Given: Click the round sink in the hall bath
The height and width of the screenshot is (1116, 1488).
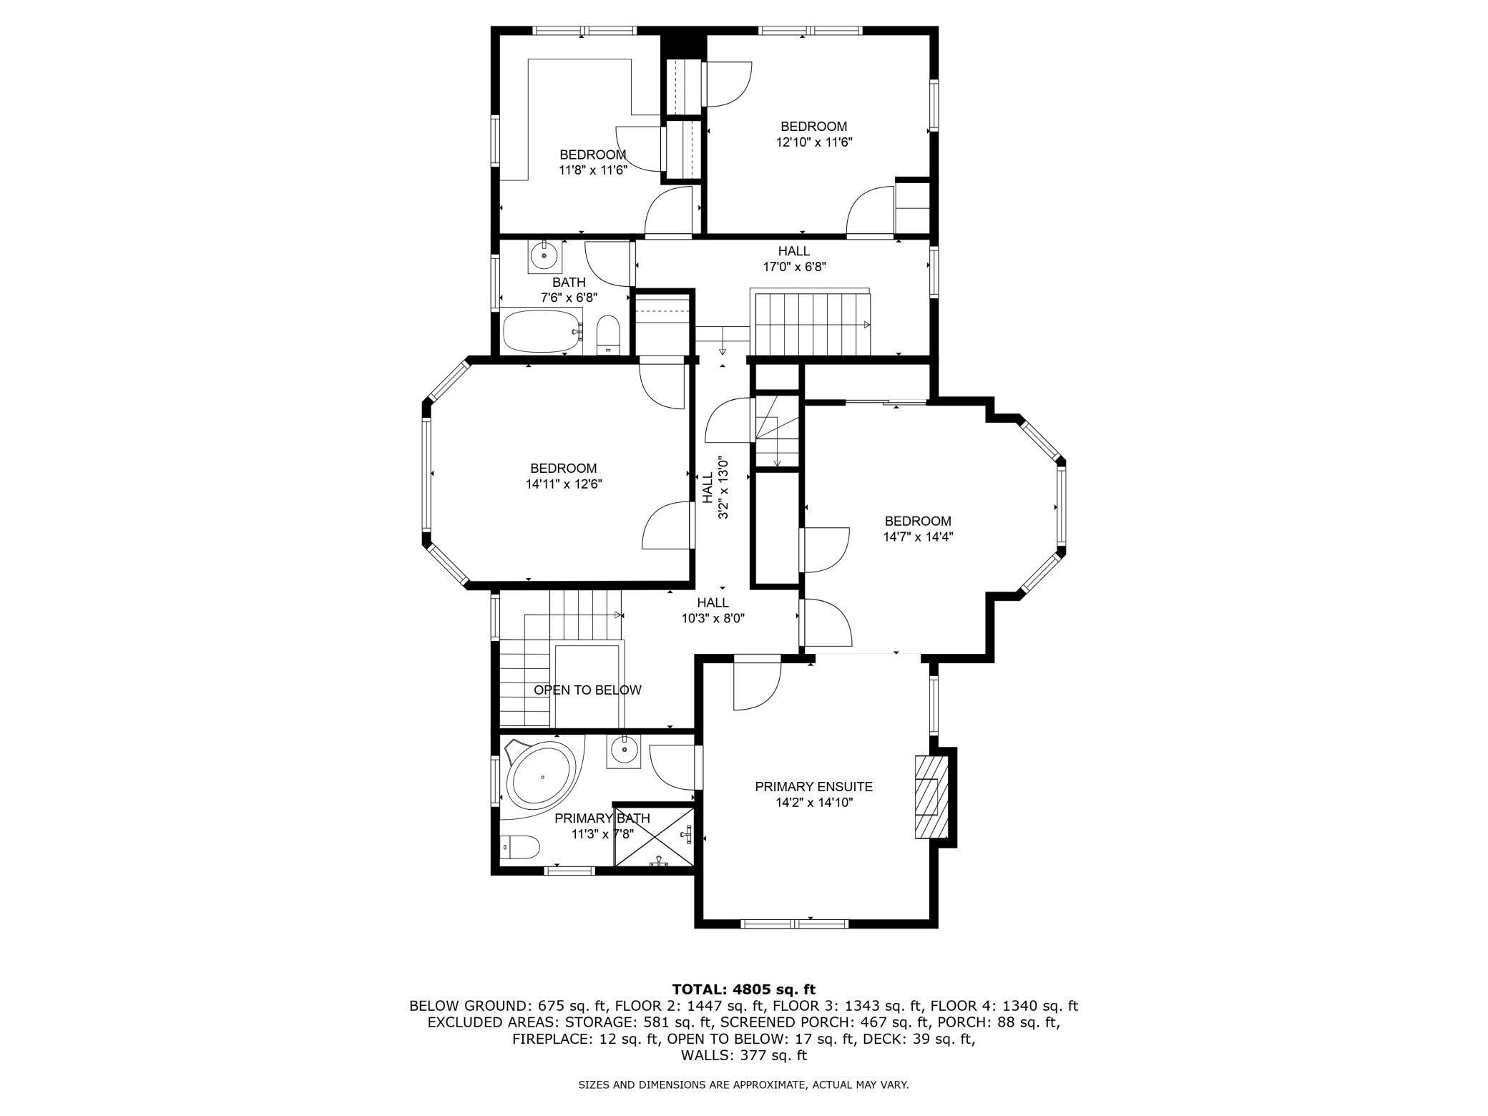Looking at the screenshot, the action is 544,255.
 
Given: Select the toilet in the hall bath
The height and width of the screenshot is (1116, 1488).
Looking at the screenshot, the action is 608,335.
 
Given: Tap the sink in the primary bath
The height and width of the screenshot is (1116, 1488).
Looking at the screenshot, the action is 625,749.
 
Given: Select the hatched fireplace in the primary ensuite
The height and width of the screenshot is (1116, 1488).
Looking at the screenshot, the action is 930,796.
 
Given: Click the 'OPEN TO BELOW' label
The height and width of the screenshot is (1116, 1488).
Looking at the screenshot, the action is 587,690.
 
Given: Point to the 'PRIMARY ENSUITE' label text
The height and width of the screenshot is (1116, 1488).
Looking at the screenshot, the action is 814,787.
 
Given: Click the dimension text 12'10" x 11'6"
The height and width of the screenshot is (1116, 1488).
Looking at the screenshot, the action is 814,142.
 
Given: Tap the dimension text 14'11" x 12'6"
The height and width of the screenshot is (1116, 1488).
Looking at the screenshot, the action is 564,484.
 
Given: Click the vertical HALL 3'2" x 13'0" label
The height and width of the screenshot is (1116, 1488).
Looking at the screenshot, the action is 715,489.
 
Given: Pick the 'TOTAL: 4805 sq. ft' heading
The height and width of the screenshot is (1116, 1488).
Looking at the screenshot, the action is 744,989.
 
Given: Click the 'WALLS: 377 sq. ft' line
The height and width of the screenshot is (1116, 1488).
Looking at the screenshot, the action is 744,1055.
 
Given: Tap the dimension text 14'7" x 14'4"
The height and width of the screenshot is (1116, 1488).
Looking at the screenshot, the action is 918,537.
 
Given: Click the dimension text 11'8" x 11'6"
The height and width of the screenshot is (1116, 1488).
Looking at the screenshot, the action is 593,170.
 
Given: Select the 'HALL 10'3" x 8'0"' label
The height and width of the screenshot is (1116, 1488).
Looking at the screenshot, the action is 713,611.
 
